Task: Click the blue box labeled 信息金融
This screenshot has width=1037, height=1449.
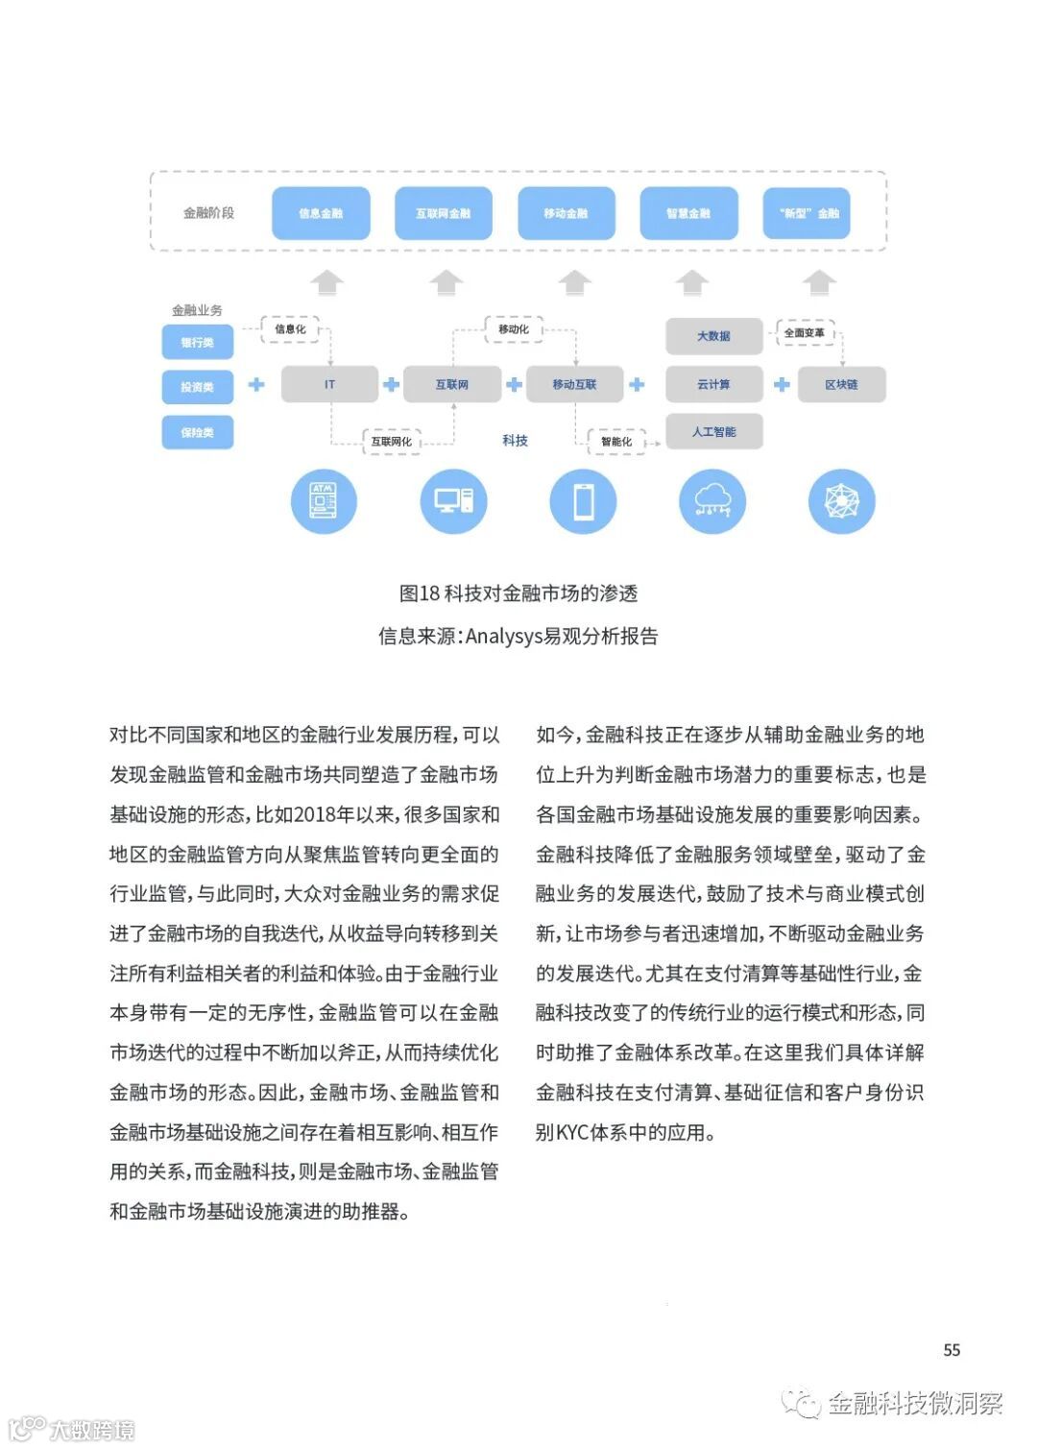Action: pos(321,213)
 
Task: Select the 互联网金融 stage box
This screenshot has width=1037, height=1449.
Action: pos(443,213)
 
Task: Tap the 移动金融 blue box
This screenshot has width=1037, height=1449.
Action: pos(566,213)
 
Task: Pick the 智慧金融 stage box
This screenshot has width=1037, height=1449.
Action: pos(688,213)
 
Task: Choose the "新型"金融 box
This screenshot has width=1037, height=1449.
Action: pos(808,213)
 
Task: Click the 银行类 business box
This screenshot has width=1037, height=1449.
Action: pos(197,342)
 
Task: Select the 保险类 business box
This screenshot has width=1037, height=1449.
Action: pos(197,432)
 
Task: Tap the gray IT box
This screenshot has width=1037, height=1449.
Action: pos(329,384)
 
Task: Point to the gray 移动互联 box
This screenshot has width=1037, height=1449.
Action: pos(574,384)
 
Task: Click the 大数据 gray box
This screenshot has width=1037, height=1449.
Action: pos(713,336)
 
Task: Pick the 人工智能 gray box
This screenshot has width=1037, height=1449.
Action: pos(713,432)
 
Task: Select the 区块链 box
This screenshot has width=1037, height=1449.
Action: pos(841,384)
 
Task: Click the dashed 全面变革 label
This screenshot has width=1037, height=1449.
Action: pos(804,332)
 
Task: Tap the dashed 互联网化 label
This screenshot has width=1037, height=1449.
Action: pos(391,441)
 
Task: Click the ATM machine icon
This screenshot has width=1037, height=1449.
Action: pos(324,501)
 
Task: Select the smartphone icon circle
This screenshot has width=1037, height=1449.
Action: pos(583,501)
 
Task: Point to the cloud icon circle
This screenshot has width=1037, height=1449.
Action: pos(712,501)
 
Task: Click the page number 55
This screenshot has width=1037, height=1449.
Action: pos(952,1350)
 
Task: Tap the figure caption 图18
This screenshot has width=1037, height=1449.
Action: pos(518,593)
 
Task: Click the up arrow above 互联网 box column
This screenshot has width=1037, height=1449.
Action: pos(446,282)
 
